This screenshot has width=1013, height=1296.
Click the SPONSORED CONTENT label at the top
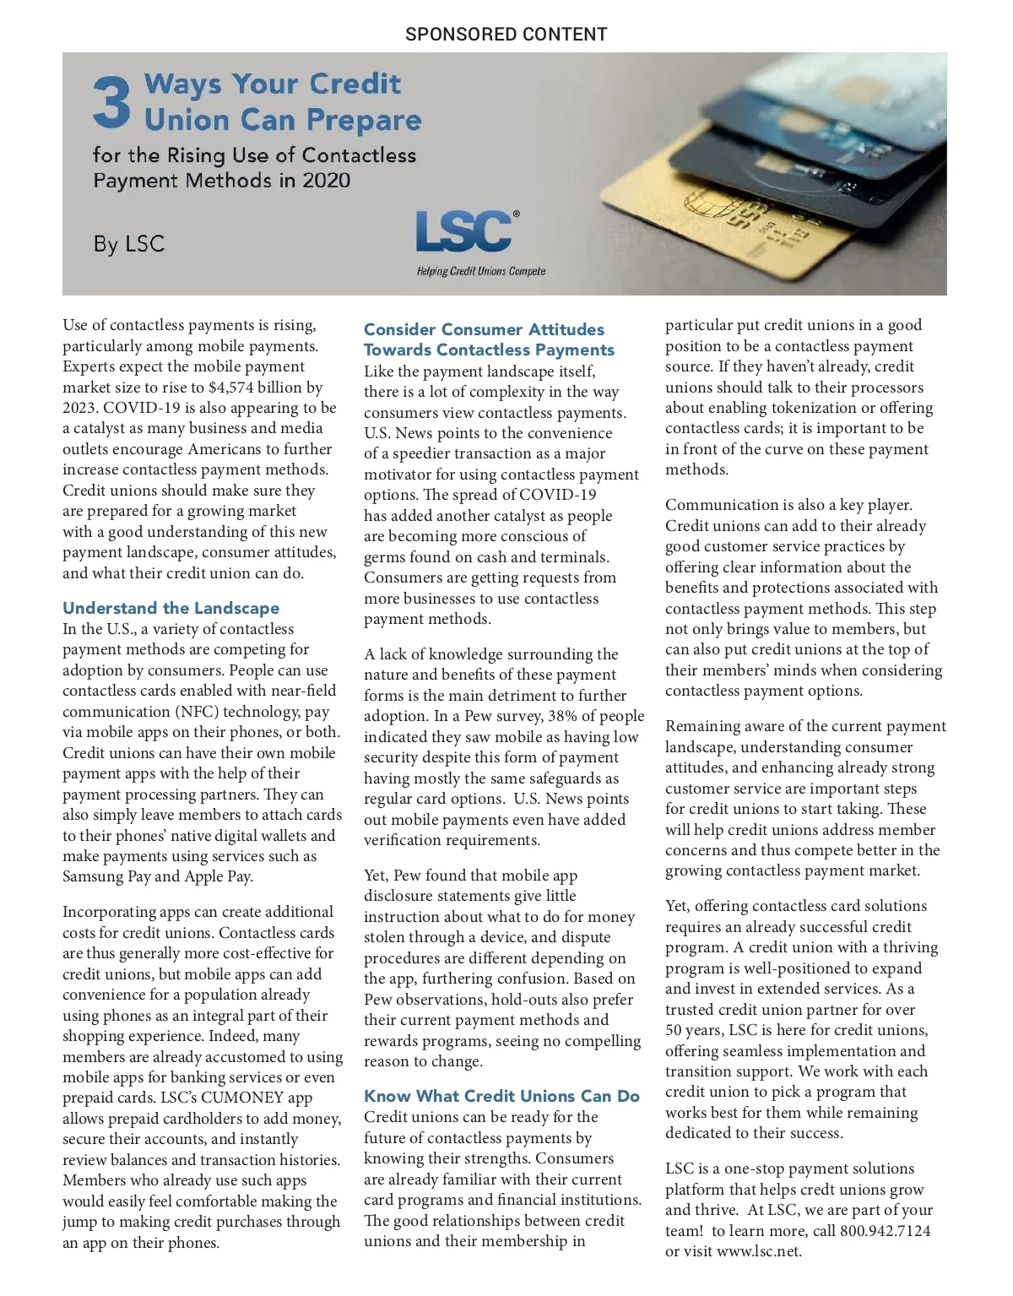pos(506,35)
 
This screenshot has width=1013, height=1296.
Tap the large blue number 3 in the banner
pos(111,102)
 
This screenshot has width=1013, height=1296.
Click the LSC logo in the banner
pos(463,232)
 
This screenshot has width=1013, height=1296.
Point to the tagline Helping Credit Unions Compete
pos(480,271)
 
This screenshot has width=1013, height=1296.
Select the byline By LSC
pos(128,244)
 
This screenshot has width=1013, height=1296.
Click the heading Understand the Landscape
pos(171,608)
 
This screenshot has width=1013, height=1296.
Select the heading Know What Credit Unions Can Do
pos(501,1096)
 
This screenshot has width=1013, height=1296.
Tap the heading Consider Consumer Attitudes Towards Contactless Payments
pos(489,339)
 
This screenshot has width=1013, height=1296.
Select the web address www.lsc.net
pos(758,1251)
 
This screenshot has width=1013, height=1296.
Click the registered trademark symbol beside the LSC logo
pos(517,214)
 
